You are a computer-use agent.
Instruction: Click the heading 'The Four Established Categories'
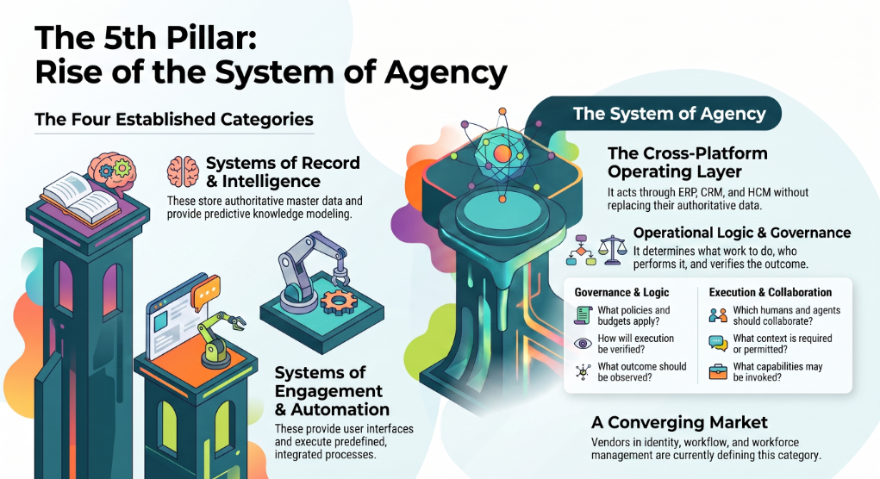174,120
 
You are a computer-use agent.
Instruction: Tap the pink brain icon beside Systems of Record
183,171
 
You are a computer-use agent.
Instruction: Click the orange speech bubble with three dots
205,292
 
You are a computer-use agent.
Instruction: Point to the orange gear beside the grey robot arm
339,300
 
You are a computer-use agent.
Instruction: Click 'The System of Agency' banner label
670,114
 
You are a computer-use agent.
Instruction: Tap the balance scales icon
612,250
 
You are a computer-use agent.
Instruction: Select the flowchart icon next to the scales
581,250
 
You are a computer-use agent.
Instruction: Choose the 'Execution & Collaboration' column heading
771,292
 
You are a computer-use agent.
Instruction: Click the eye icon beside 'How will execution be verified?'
584,343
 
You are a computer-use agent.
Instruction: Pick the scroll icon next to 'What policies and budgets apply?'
584,315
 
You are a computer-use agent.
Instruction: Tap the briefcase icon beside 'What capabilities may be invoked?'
718,371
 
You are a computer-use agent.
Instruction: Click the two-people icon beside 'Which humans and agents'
718,315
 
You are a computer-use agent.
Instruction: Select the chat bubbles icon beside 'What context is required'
718,343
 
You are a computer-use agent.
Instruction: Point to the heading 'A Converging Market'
679,422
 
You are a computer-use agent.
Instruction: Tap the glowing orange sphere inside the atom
502,153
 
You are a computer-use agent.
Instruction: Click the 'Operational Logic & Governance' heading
742,233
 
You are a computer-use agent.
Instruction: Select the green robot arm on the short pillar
218,339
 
